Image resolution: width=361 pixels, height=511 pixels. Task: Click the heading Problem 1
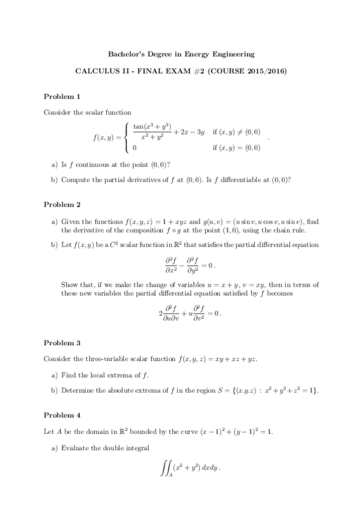(62, 96)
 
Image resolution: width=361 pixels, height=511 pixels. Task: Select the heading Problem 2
(62, 205)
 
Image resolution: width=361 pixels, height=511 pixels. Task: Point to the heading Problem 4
(62, 416)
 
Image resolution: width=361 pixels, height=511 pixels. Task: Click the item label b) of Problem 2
(54, 245)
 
